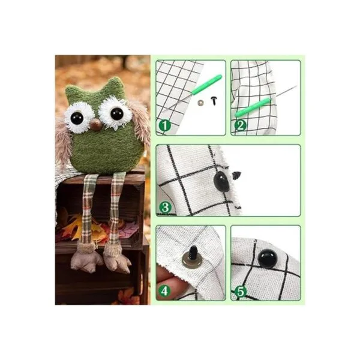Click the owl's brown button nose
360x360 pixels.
coord(95,125)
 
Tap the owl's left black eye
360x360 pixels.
coord(77,118)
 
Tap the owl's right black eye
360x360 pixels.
coord(117,113)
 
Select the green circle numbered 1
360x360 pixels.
coord(164,125)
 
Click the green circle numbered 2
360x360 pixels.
coord(241,125)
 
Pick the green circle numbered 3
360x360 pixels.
coord(165,208)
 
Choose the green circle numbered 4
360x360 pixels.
coord(164,291)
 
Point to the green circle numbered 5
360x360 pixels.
coord(241,292)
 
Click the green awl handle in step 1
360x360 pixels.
coord(207,85)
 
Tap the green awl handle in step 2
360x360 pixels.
coord(253,107)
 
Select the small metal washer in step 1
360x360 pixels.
coord(200,103)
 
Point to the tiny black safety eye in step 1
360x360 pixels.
coord(214,101)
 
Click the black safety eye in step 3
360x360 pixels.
coord(221,182)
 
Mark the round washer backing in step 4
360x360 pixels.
coord(192,260)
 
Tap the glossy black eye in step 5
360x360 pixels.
coord(267,259)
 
